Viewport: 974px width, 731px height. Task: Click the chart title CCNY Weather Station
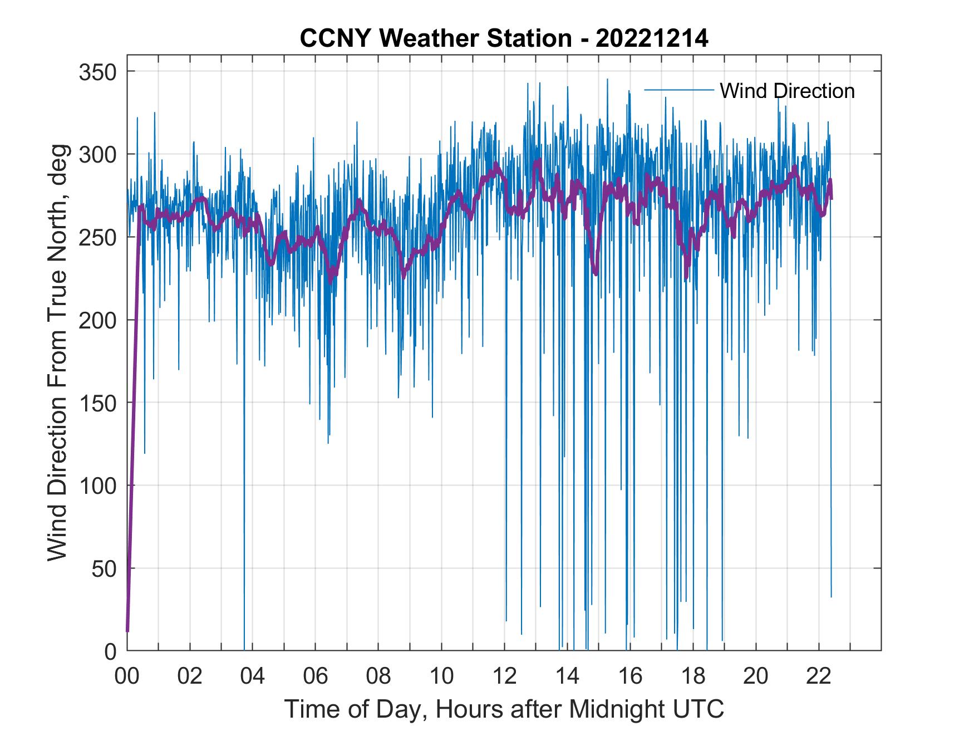click(x=504, y=38)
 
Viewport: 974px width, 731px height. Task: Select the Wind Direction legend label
click(x=787, y=91)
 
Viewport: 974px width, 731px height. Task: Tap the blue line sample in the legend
click(x=678, y=90)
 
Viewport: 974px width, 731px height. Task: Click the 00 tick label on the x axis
click(x=127, y=676)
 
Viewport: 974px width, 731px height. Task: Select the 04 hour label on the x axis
click(x=253, y=676)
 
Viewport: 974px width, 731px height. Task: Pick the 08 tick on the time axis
click(x=378, y=676)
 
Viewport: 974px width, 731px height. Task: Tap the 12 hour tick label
click(x=504, y=676)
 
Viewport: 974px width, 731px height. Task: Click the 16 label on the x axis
click(x=630, y=676)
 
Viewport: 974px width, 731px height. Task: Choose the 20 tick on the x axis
click(x=756, y=676)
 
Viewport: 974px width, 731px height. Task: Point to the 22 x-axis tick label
click(x=819, y=676)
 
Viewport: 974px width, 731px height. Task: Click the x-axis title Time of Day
click(x=504, y=709)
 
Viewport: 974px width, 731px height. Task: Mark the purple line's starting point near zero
click(x=127, y=630)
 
